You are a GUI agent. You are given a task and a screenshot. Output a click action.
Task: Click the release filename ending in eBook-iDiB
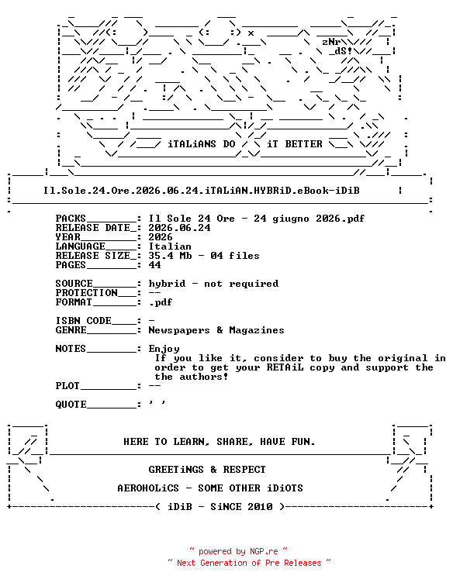pyautogui.click(x=201, y=191)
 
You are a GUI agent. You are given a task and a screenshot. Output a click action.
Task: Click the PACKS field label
pyautogui.click(x=71, y=219)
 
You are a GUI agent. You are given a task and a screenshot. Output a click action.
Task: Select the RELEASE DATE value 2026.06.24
pyautogui.click(x=179, y=228)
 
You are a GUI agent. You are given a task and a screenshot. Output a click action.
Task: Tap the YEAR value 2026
pyautogui.click(x=161, y=237)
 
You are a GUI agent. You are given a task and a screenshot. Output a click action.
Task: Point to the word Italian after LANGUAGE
pyautogui.click(x=170, y=246)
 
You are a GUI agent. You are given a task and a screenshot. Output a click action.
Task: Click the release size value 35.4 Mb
pyautogui.click(x=170, y=256)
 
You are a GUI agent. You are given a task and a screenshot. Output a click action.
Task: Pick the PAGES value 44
pyautogui.click(x=154, y=265)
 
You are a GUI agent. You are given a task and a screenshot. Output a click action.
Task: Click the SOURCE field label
pyautogui.click(x=74, y=284)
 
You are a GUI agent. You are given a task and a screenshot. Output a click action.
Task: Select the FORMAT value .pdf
pyautogui.click(x=161, y=302)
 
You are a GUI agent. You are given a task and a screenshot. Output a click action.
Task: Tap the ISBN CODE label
pyautogui.click(x=83, y=321)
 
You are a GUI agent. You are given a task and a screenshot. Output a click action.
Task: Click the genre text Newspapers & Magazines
pyautogui.click(x=216, y=330)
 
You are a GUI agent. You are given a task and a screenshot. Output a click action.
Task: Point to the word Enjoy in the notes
pyautogui.click(x=164, y=349)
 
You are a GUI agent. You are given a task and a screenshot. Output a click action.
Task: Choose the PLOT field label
pyautogui.click(x=67, y=386)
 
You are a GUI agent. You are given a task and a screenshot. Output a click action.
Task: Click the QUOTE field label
pyautogui.click(x=71, y=405)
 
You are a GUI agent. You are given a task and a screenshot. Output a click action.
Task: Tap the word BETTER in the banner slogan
pyautogui.click(x=303, y=144)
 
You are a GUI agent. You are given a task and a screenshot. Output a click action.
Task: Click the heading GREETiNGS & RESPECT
pyautogui.click(x=207, y=470)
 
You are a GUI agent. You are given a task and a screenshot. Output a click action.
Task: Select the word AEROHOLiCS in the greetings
pyautogui.click(x=148, y=488)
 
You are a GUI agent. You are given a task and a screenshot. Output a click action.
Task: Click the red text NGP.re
pyautogui.click(x=264, y=551)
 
